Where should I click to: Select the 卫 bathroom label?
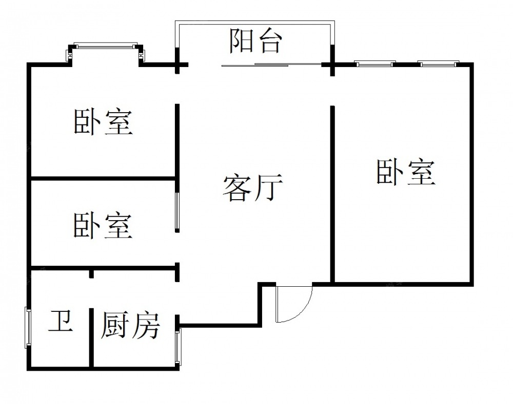coord(61,322)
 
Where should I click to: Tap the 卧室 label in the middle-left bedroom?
coord(103,225)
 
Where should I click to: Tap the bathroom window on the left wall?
coord(28,328)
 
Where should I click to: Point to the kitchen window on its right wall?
coord(177,347)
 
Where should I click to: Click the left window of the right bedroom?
coord(375,64)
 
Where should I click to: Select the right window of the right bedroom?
coord(438,64)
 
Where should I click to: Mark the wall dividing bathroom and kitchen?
coord(91,338)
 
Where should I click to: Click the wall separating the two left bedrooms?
coord(103,178)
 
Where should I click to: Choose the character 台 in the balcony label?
coord(269,41)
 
